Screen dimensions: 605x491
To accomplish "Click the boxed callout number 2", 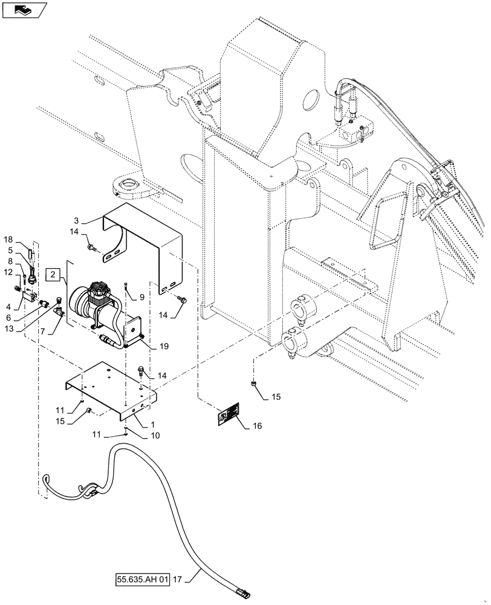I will [54, 275].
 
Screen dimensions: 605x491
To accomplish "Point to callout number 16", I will [258, 427].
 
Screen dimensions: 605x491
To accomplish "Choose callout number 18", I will [9, 240].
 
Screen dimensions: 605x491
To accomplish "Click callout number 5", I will [9, 250].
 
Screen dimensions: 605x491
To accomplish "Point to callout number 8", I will [9, 261].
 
